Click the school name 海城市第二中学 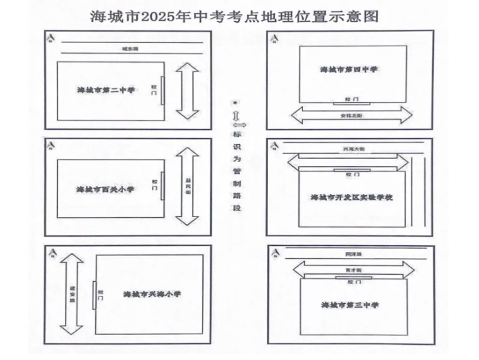(106, 89)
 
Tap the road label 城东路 (130, 49)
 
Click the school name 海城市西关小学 (106, 189)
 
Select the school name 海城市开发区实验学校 (352, 197)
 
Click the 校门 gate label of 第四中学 (351, 98)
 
